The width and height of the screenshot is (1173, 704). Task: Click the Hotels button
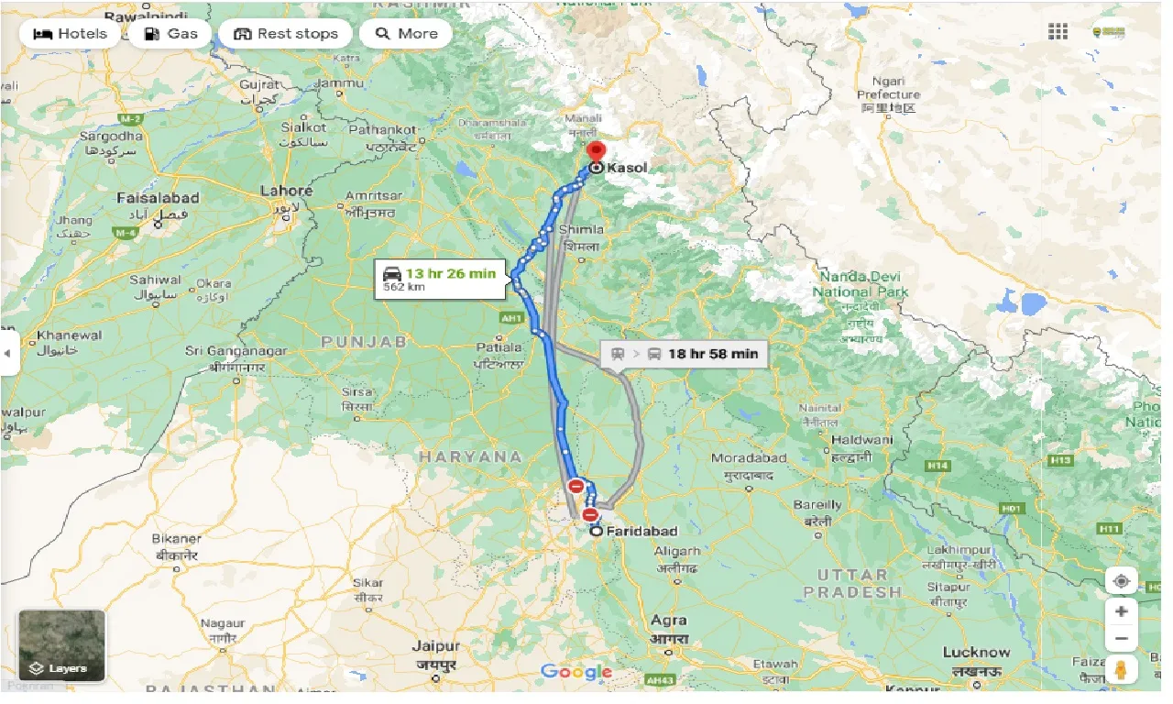point(70,34)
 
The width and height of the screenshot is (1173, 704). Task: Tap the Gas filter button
point(170,34)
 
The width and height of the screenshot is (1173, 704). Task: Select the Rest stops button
point(285,34)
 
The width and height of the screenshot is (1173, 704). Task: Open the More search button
point(406,34)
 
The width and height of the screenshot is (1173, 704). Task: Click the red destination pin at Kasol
point(597,152)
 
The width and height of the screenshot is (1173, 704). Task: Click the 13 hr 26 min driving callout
point(439,279)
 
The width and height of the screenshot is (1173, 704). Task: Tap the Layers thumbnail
point(62,646)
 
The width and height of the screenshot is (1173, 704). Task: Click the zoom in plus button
point(1121,610)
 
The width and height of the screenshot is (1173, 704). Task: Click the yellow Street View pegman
point(1121,669)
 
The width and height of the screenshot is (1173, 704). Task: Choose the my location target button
point(1121,581)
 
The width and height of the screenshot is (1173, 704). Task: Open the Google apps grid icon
point(1058,32)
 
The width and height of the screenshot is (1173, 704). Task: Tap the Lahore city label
point(286,192)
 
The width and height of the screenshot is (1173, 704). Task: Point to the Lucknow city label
point(976,653)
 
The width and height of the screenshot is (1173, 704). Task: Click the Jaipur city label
point(435,646)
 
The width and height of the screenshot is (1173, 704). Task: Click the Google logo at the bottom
point(576,672)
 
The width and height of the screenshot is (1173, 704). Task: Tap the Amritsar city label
point(374,195)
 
